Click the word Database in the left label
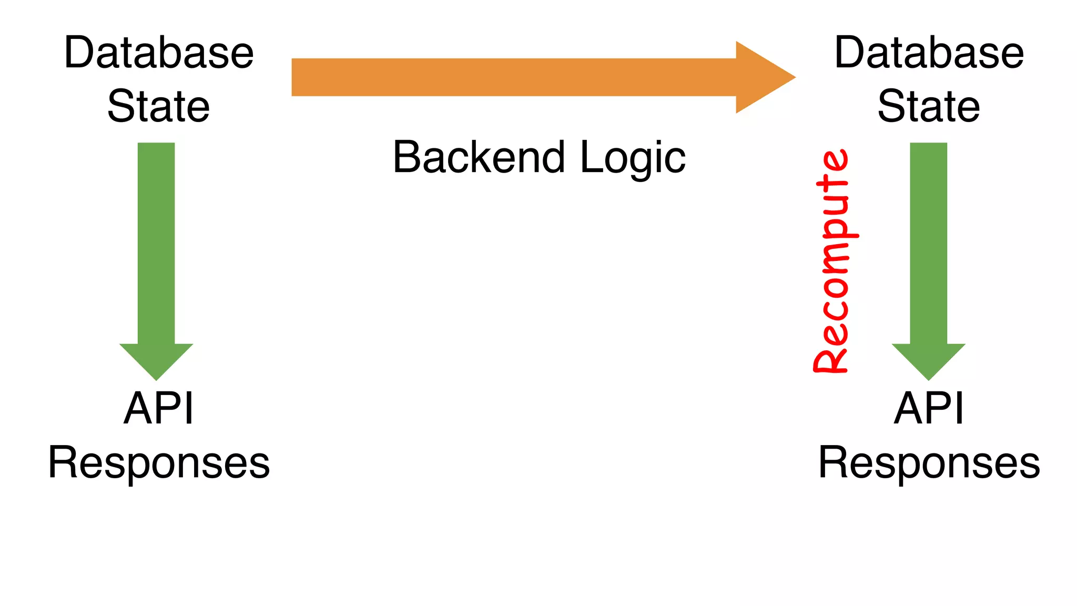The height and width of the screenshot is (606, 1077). pos(159,53)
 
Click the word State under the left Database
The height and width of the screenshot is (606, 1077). pos(159,106)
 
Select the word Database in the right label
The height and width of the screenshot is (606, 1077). pos(929,53)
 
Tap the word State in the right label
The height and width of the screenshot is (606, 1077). pos(929,106)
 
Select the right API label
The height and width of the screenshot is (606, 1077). pos(929,408)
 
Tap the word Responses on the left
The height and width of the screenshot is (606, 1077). pos(159,463)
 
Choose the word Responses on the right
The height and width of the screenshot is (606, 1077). pos(929,463)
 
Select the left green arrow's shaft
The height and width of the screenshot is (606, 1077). pos(156,242)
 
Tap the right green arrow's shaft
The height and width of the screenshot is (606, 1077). pos(929,242)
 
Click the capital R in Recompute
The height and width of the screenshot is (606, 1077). pos(831,357)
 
